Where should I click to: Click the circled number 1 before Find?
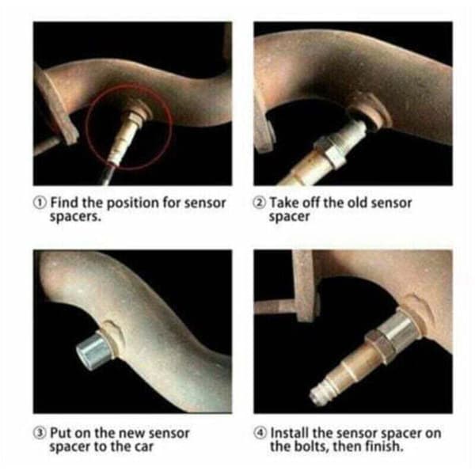pos(40,203)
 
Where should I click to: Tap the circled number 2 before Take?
pos(260,203)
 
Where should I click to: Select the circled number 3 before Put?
pos(40,433)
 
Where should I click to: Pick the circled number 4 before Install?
pos(260,433)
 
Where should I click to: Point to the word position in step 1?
pos(132,203)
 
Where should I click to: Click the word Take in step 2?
pos(284,203)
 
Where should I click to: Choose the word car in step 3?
pos(143,447)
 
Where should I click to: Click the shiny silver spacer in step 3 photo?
pos(93,351)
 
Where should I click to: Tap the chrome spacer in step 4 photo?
pos(397,326)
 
